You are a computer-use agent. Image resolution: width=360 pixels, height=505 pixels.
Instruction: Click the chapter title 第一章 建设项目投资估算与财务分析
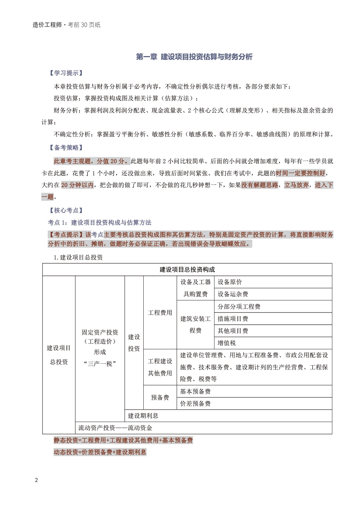[194, 57]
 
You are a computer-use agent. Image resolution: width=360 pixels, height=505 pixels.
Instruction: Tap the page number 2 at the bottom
[36, 480]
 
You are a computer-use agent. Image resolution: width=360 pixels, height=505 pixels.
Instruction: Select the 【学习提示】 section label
[66, 73]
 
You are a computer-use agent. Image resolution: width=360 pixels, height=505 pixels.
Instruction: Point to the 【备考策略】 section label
[66, 148]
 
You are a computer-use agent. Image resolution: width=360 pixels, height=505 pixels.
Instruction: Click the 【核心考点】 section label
[66, 210]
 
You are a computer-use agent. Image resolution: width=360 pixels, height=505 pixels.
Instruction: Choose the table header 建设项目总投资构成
[187, 270]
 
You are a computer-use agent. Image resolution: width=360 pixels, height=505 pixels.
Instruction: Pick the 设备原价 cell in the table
[230, 282]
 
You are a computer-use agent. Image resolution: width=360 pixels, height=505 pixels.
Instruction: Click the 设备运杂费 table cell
[233, 294]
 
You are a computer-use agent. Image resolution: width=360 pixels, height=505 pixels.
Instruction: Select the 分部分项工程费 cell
[239, 306]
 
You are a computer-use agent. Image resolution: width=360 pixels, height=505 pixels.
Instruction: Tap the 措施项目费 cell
[233, 319]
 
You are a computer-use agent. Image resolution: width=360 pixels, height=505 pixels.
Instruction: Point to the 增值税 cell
[227, 343]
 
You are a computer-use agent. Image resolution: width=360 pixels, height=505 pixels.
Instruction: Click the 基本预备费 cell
[195, 391]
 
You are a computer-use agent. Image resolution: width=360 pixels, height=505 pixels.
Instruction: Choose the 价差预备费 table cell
[195, 403]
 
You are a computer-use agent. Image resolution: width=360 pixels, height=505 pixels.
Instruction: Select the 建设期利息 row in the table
[143, 416]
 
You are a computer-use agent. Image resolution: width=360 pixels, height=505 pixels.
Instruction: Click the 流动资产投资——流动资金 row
[115, 428]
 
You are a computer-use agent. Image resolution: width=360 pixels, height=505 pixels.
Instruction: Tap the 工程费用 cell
[160, 313]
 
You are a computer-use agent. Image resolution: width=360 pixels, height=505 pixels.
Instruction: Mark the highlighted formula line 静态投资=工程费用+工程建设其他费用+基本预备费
[123, 440]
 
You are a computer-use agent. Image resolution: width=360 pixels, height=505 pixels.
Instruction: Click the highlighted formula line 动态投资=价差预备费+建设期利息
[100, 452]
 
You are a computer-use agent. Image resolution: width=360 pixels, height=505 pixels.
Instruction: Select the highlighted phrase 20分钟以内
[77, 185]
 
